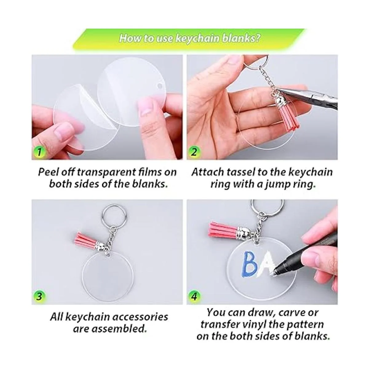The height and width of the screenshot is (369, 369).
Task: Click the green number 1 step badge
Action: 39,152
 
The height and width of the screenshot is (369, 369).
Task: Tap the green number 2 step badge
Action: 194,152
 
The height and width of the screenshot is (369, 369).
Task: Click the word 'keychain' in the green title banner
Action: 197,38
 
